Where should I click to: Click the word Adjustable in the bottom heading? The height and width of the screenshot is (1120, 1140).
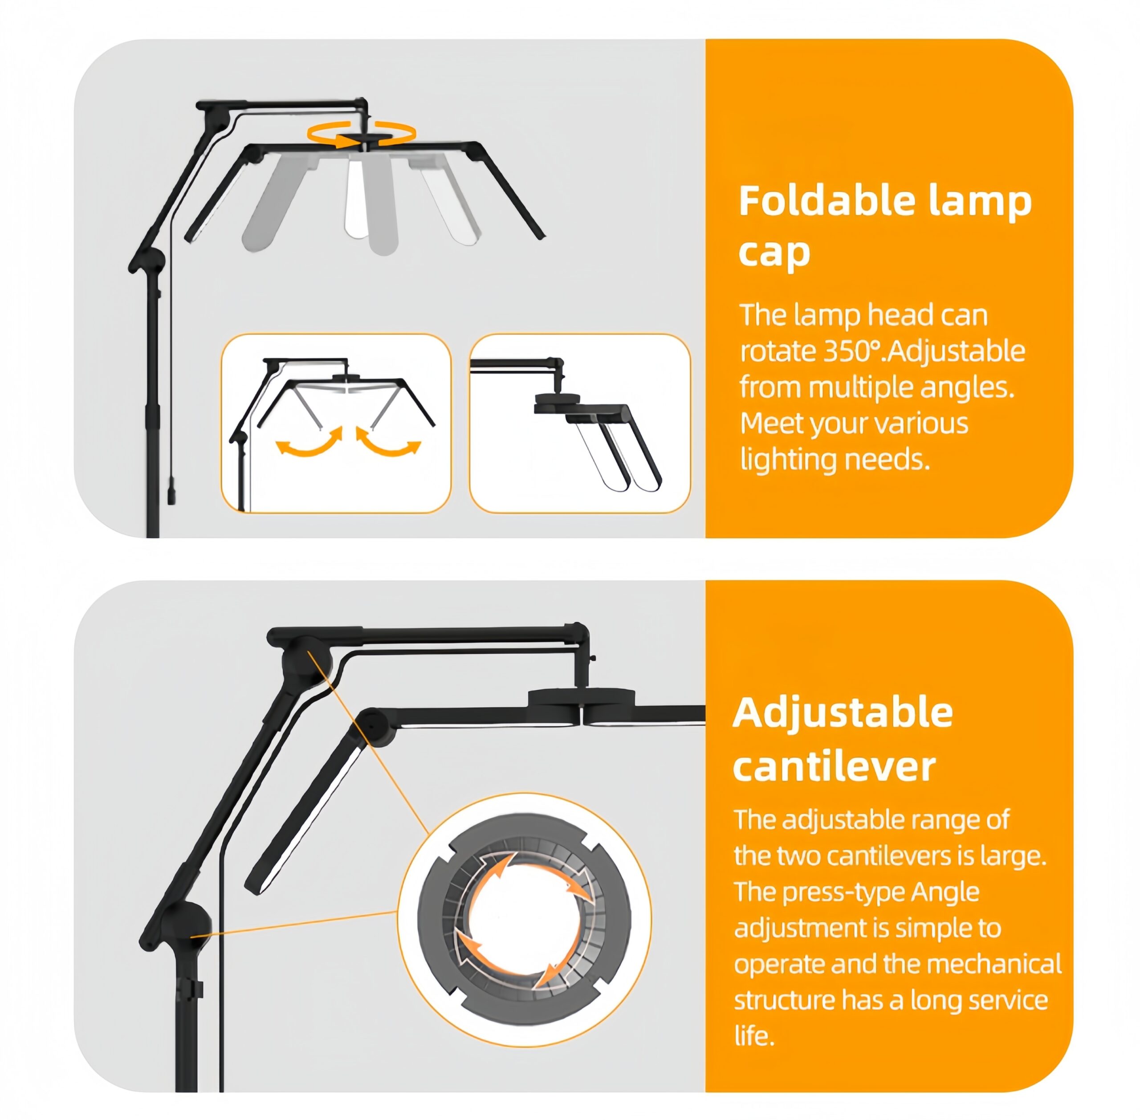click(843, 713)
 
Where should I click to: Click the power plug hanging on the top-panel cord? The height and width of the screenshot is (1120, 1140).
click(171, 491)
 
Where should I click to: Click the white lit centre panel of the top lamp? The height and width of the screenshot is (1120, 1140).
click(356, 197)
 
